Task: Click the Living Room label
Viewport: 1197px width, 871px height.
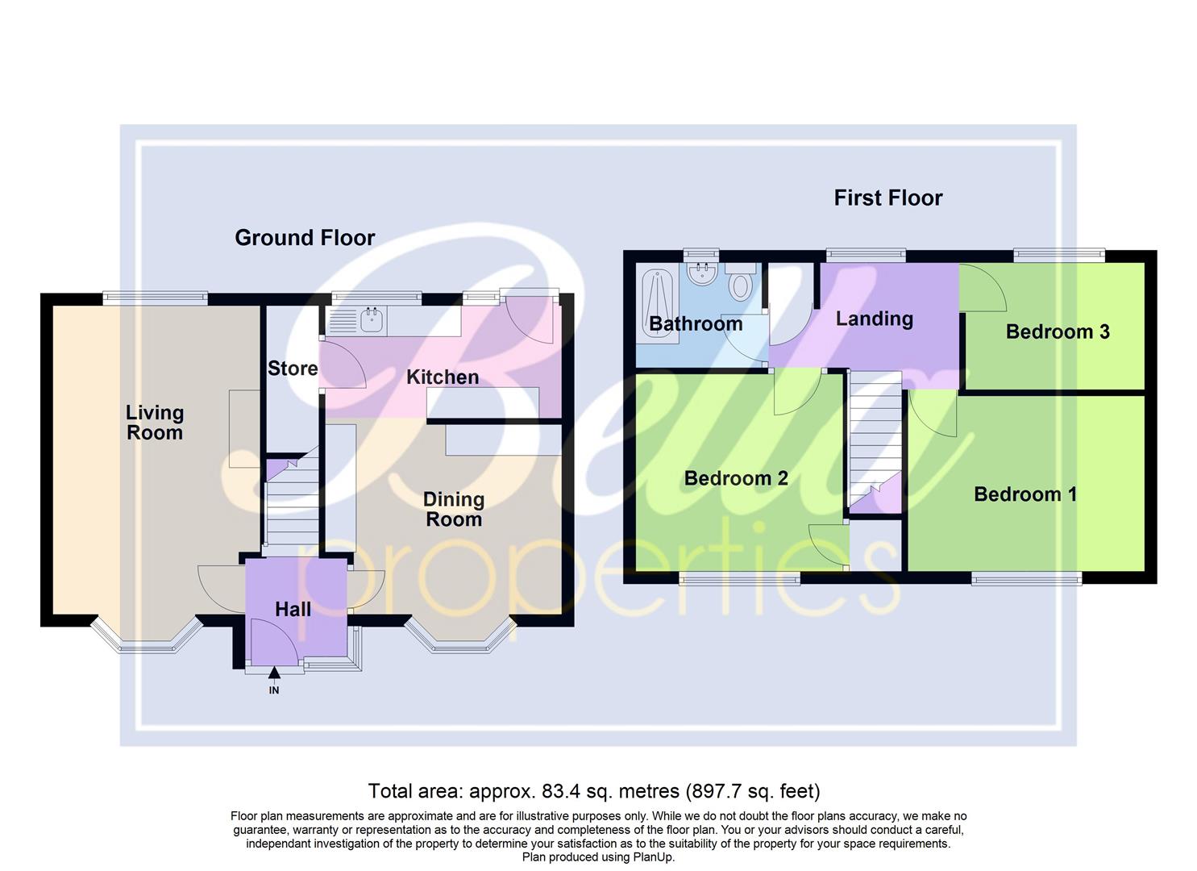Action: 154,423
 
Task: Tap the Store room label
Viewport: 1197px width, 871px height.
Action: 293,369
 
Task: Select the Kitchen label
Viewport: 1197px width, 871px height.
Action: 443,377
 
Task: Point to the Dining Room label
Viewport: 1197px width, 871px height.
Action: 454,510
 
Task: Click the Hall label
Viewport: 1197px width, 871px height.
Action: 293,609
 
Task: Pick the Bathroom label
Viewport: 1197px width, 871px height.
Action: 696,324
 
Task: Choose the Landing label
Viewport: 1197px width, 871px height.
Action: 874,319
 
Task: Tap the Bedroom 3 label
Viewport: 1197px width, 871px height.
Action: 1058,331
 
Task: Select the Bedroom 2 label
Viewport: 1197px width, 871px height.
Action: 736,478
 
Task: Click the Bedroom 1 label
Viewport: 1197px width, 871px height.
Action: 1025,494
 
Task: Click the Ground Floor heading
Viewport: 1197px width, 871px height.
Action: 305,238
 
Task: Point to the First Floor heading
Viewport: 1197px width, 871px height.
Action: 887,198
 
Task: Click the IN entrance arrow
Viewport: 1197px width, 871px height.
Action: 274,674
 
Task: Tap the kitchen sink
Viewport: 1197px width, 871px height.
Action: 372,321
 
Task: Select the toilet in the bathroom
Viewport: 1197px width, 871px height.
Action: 740,282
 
